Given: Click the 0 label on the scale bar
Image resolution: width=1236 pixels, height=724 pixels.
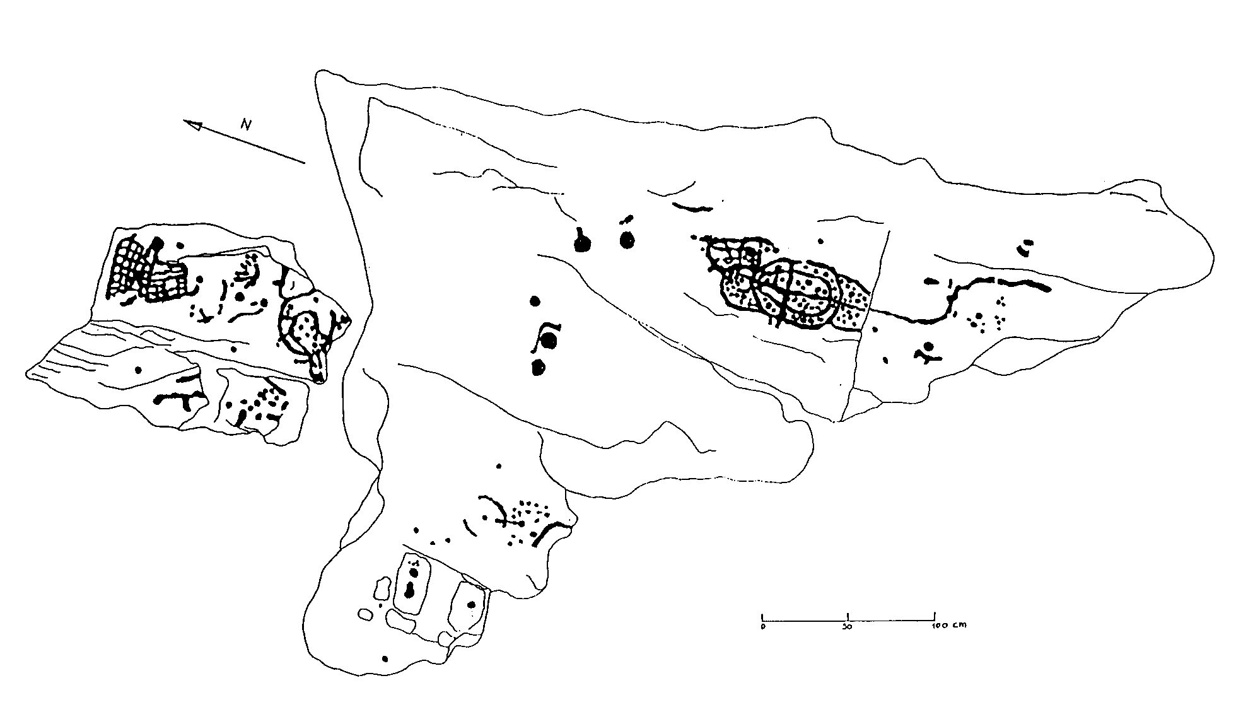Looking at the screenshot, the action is click(762, 627).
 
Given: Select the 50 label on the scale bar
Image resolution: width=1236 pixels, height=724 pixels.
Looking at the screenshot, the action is click(848, 627).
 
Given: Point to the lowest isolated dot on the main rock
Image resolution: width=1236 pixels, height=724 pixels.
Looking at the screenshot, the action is click(385, 659).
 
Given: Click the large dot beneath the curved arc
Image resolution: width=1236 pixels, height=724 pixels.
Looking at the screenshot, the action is click(549, 341).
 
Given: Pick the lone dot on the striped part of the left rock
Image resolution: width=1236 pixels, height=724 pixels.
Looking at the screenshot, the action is click(138, 370).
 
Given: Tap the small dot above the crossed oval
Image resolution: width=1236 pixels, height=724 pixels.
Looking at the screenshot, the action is click(820, 241).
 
